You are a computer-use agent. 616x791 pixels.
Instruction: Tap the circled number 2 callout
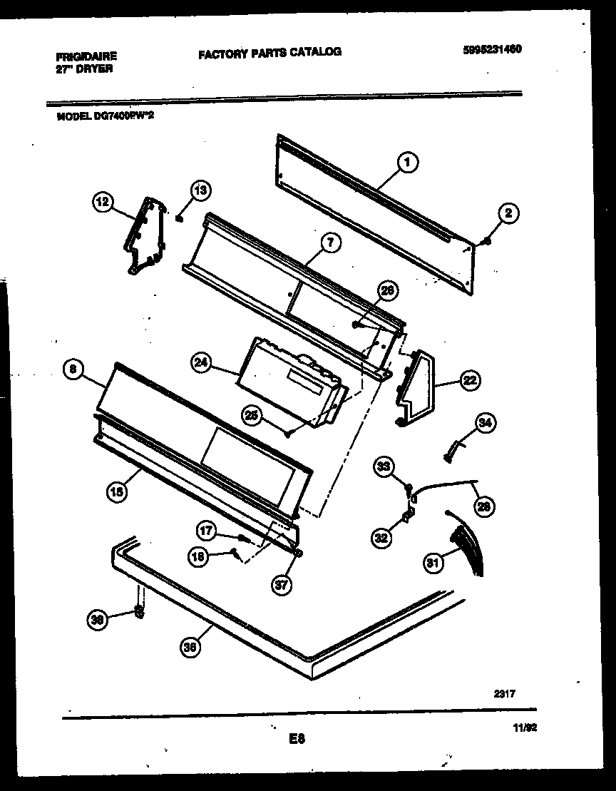tap(508, 213)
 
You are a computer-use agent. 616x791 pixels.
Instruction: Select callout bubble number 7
tap(329, 243)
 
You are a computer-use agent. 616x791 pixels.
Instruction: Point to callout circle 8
tap(73, 369)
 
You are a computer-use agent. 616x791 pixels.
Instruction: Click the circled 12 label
tap(103, 202)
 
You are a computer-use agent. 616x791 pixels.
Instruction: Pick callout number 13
tap(201, 190)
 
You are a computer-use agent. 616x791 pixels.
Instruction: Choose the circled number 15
tap(117, 490)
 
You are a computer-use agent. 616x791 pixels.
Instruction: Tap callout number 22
tap(469, 380)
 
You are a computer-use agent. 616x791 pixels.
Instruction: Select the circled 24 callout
tap(202, 362)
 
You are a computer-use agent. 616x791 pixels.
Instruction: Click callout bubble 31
tap(433, 563)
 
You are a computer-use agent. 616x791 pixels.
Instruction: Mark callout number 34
tap(485, 424)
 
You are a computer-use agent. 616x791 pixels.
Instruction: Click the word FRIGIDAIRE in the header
tap(85, 56)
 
